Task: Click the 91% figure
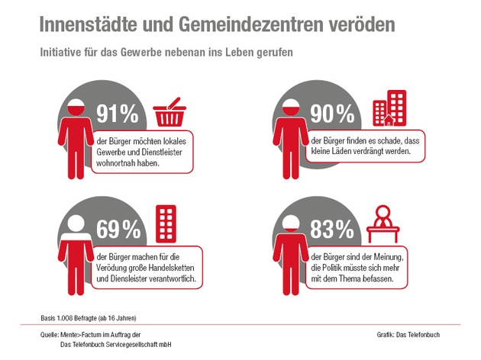(118, 114)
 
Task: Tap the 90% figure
(332, 114)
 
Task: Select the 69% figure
(118, 229)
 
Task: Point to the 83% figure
(332, 229)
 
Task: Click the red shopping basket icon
(169, 112)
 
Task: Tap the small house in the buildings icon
(389, 121)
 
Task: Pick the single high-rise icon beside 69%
(166, 224)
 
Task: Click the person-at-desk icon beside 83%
(383, 224)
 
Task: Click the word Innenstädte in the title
(89, 24)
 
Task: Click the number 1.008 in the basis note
(64, 318)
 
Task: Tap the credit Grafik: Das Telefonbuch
(408, 335)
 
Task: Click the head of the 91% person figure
(76, 108)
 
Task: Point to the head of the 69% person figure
(76, 223)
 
